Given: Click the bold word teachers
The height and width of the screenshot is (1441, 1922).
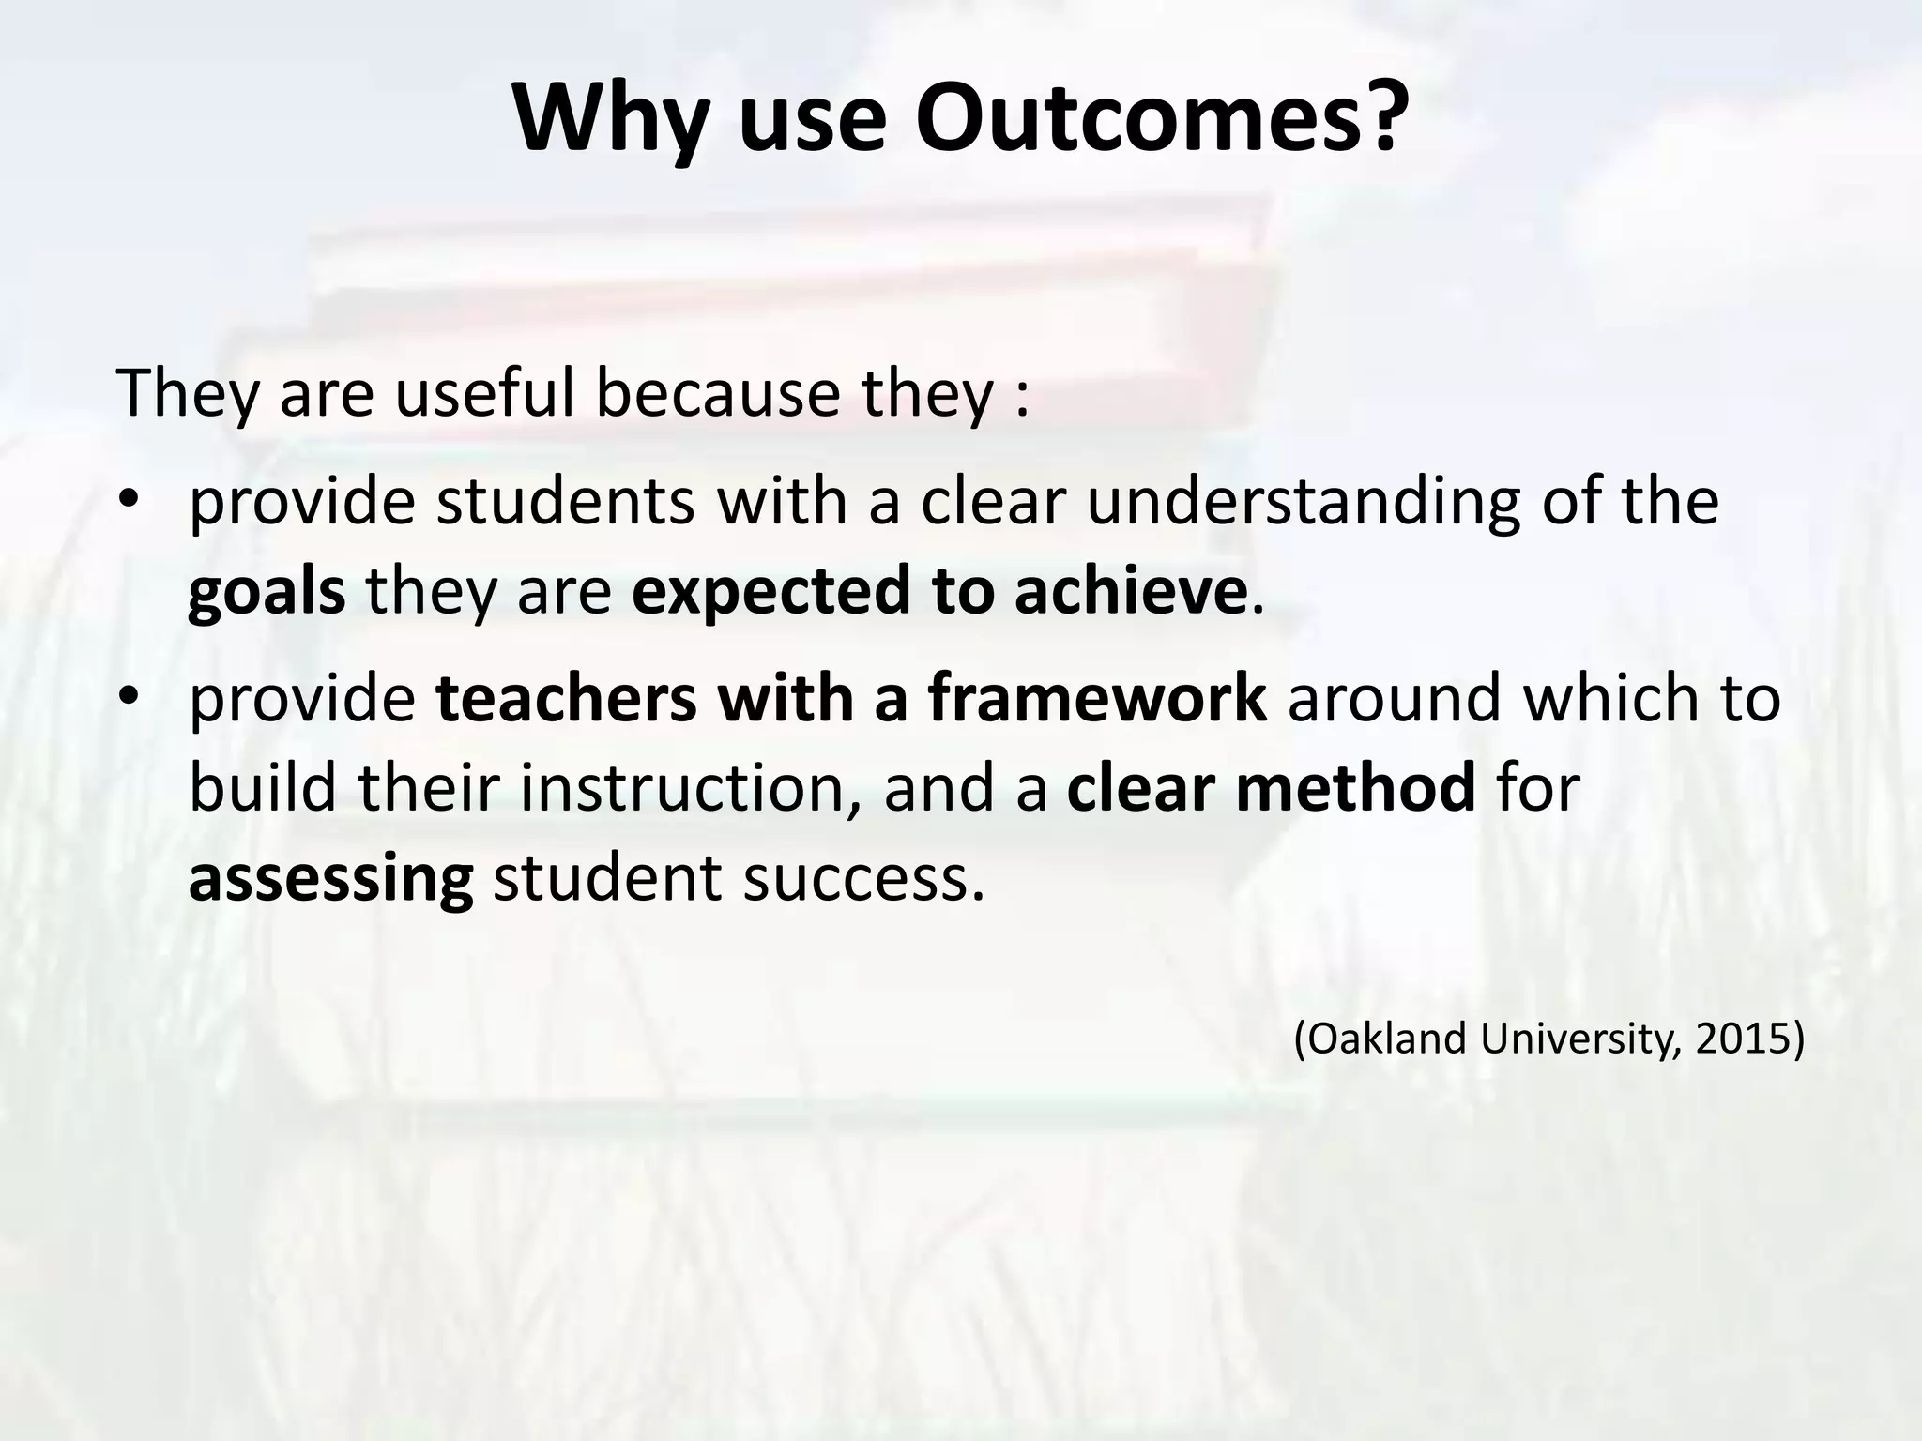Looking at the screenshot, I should pyautogui.click(x=567, y=698).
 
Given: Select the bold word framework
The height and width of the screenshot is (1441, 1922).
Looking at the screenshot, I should pyautogui.click(x=1098, y=698).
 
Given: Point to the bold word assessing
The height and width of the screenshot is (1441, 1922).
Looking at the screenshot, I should pyautogui.click(x=331, y=880).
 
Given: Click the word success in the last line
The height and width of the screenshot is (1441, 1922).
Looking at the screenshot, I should pyautogui.click(x=863, y=880).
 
